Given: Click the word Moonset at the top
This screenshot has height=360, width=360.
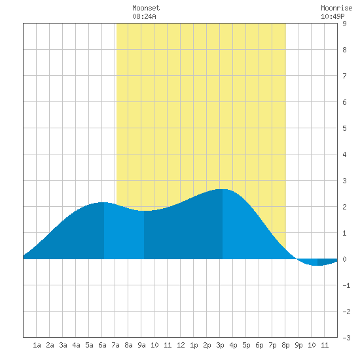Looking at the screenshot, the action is (x=146, y=8).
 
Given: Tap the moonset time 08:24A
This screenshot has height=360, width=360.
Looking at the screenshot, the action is (x=144, y=16).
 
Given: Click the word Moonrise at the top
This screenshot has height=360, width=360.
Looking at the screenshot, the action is (x=336, y=8).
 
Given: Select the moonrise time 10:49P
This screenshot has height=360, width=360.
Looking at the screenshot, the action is (x=333, y=16).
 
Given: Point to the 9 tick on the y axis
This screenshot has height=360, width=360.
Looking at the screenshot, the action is (x=344, y=24).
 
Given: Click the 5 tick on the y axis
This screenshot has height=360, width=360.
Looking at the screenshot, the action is (x=344, y=128).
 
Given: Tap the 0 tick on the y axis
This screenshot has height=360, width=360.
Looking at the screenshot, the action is (x=344, y=259).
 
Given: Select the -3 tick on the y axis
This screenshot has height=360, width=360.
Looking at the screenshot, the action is (x=346, y=338).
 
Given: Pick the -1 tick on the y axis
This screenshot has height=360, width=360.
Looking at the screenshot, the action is (x=346, y=285).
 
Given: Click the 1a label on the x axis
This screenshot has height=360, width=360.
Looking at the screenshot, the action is (x=37, y=345).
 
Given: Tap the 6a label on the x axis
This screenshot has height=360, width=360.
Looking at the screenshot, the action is (x=102, y=345).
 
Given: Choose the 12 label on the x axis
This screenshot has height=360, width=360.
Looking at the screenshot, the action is (x=181, y=345).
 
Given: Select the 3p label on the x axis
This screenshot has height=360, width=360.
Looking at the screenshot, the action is (x=220, y=345).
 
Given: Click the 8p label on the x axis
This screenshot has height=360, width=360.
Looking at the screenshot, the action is (x=285, y=345).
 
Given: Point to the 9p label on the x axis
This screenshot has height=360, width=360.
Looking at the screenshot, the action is (x=298, y=345).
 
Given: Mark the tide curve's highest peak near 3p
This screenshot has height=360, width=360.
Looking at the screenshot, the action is (x=223, y=189).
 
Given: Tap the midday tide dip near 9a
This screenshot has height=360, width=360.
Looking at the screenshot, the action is (x=144, y=211).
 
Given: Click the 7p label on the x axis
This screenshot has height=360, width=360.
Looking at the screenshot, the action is (x=272, y=345).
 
